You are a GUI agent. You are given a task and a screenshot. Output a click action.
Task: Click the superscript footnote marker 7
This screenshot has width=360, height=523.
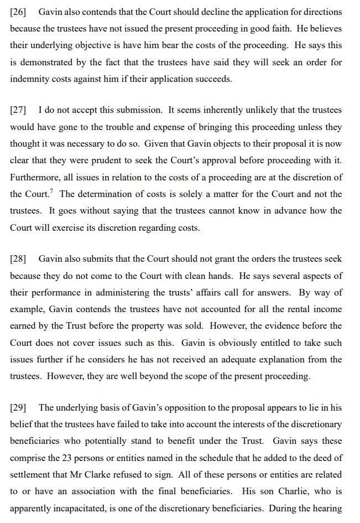pos(51,191)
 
